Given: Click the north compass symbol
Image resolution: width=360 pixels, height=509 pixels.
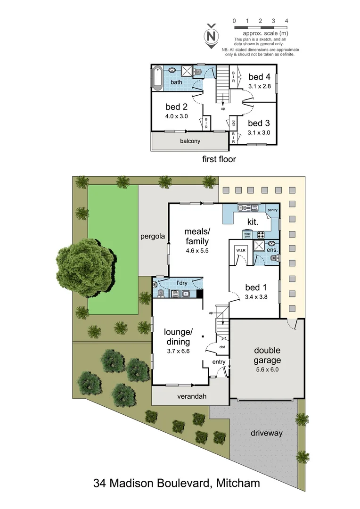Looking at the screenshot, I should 212,35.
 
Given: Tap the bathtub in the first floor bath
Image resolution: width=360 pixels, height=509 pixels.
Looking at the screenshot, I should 156,78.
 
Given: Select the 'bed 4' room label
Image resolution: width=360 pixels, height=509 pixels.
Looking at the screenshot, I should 259,77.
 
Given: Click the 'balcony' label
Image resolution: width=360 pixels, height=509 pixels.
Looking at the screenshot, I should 190,141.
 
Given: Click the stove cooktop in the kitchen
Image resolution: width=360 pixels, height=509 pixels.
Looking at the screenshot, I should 261,234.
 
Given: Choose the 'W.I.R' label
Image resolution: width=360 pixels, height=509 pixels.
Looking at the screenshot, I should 241,251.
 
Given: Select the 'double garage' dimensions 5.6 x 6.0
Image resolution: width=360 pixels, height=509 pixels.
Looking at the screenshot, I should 267,369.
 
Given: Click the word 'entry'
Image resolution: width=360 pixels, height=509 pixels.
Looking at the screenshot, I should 219,361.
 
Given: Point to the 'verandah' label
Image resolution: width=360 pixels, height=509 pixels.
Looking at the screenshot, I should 193,396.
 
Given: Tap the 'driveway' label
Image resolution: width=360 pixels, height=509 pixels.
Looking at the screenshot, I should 266,433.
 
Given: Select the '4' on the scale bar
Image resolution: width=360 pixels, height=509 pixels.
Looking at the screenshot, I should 286,21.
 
